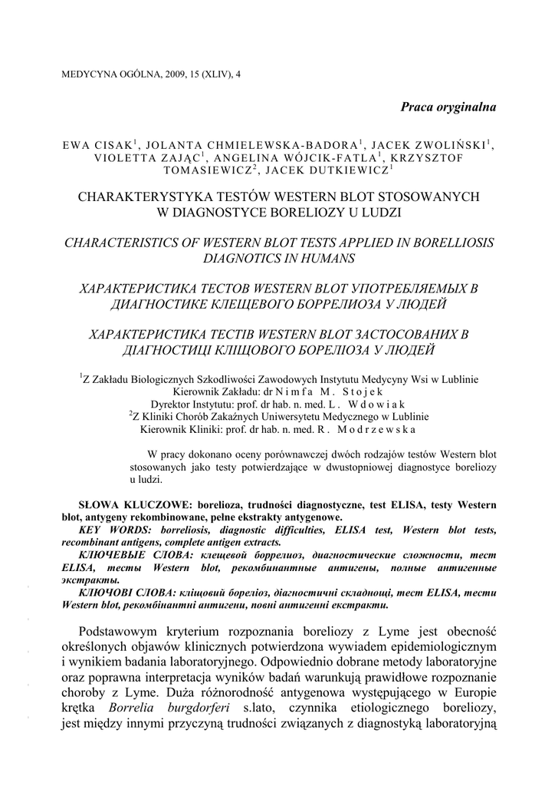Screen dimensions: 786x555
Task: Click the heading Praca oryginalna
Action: tap(448, 107)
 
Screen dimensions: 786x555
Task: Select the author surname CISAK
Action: tap(113, 144)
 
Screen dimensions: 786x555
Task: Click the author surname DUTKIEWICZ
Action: tap(350, 170)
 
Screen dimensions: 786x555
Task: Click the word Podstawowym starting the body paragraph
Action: tap(127, 631)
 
